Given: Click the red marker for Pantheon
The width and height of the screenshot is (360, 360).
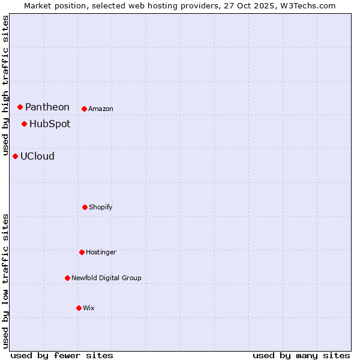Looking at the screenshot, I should (20, 107).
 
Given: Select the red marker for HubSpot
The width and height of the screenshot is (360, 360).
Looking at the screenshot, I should (24, 124).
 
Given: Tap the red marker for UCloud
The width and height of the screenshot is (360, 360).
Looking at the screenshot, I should (15, 156).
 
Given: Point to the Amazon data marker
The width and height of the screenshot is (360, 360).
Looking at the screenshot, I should (84, 109).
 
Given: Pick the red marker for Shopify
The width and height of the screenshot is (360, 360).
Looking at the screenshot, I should (85, 207).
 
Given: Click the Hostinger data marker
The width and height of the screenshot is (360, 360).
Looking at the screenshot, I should (82, 252).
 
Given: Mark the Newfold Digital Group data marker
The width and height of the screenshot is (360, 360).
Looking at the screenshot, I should (67, 278).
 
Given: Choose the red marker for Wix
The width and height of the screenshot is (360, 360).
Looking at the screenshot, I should (79, 308).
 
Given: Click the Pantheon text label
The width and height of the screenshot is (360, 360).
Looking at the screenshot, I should (47, 107).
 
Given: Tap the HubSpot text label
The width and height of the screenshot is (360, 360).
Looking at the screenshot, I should (50, 124).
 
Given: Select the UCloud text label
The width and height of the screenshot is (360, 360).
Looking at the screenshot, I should (37, 156).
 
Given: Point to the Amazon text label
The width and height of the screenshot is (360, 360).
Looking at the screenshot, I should (101, 109).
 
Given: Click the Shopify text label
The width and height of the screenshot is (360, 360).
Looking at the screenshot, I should (101, 207).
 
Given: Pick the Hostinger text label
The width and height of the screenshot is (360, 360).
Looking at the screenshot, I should (101, 252).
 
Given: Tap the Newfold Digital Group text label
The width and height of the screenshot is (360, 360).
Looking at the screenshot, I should (106, 278).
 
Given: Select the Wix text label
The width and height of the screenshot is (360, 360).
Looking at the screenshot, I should (89, 308).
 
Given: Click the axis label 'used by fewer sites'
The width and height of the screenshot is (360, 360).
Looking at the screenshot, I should (62, 355).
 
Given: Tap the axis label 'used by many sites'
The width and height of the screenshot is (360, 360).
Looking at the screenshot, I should (301, 355).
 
